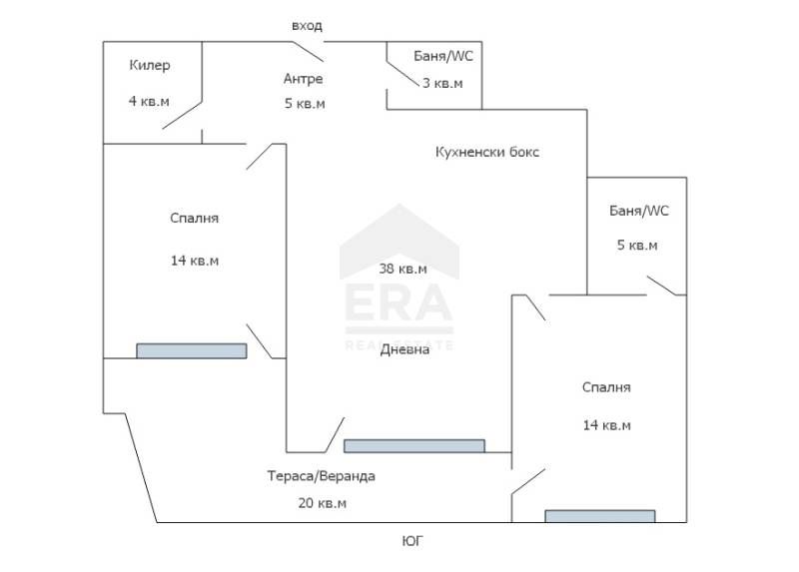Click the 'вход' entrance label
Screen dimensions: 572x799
pos(306,25)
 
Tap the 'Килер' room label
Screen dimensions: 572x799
pos(150,66)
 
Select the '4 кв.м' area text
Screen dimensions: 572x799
pos(150,100)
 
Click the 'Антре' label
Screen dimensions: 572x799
pos(303,79)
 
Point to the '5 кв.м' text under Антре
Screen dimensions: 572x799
pos(305,104)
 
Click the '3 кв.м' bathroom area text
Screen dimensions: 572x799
pos(442,83)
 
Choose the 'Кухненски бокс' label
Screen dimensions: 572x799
pos(487,153)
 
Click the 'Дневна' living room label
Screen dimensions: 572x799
pos(404,349)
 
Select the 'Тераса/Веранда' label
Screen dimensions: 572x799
pos(321,476)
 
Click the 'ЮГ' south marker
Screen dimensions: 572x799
pos(411,541)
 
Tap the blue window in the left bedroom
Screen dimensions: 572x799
pos(191,350)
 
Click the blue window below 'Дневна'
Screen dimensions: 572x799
pos(413,446)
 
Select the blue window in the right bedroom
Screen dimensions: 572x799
pos(599,516)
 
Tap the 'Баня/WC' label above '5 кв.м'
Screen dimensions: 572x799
pos(638,211)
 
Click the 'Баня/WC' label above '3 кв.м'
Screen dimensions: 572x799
pos(443,56)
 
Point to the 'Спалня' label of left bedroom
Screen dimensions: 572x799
pos(194,218)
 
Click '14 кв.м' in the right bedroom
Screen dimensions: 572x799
pos(607,425)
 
